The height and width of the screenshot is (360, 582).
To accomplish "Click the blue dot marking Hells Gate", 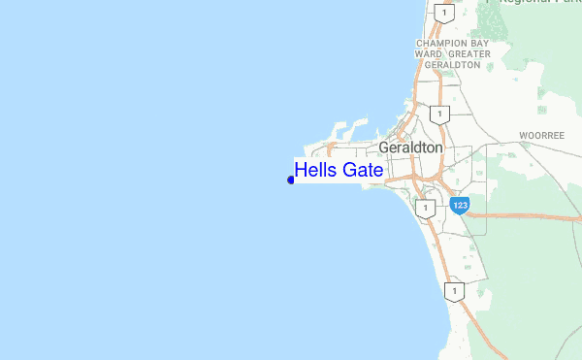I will point(291,179).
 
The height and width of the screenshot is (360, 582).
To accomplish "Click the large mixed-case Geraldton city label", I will point(410,147).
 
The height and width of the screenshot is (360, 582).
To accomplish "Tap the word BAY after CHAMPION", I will point(478,44).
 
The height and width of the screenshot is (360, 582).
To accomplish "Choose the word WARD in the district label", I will point(430,54).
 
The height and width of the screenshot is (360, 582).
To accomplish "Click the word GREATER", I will point(469,54).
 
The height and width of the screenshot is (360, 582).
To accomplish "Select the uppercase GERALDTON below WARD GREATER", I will point(453,65).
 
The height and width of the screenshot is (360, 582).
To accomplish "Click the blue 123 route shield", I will point(460,206).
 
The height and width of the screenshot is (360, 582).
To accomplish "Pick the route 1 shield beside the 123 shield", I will point(423,208).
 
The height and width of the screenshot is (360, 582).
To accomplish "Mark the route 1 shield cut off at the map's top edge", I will point(444,12).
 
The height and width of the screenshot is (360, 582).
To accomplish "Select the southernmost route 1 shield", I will point(452,290).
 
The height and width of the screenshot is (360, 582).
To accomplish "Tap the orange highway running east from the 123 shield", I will point(524,216).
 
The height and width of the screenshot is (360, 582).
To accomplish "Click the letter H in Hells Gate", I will point(301,171).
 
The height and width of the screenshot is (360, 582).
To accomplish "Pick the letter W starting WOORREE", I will point(522,135).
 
